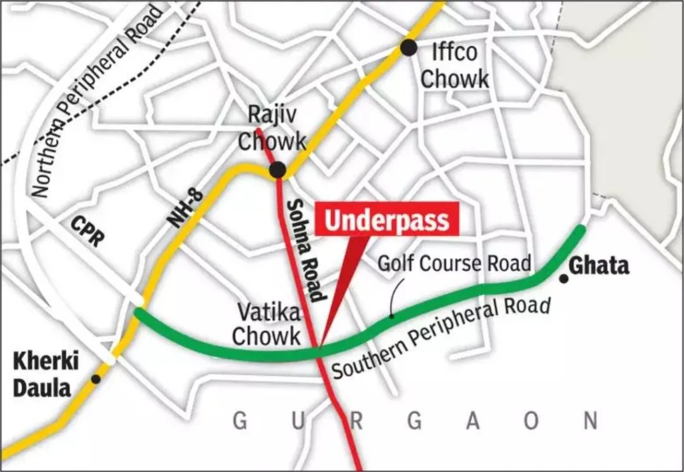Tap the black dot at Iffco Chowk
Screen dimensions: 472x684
click(x=409, y=47)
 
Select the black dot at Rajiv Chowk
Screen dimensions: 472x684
click(x=278, y=170)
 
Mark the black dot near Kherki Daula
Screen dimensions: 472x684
click(x=96, y=379)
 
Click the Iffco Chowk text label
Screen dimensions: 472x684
click(x=455, y=65)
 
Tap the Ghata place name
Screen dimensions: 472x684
click(x=598, y=266)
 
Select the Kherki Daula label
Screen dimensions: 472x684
click(x=46, y=375)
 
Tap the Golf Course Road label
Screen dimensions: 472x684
click(x=454, y=263)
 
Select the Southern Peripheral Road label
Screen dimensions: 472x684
click(x=441, y=338)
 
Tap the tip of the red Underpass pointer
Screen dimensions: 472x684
click(x=320, y=348)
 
